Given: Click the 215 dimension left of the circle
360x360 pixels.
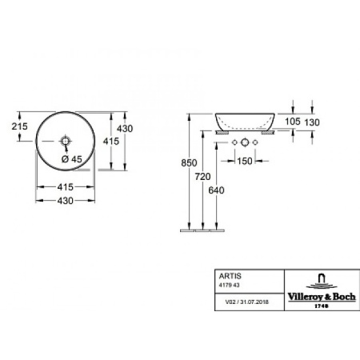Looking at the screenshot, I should (19, 126).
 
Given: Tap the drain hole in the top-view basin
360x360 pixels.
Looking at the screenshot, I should (66, 142).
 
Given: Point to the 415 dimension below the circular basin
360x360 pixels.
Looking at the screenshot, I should (66, 186).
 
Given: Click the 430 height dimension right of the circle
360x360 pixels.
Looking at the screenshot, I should (125, 129).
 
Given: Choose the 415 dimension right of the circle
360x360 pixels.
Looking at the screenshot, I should (111, 141).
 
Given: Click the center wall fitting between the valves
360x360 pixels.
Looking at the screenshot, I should (241, 143).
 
